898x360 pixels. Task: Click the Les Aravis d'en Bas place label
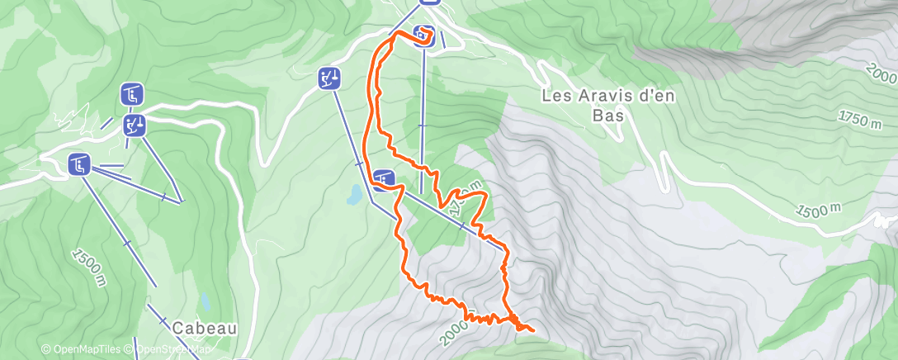pos(608,105)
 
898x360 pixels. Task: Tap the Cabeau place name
pos(205,328)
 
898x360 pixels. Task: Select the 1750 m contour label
pos(859,118)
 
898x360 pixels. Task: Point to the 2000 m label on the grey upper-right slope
pos(881,73)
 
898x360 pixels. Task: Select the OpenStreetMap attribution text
pos(172,349)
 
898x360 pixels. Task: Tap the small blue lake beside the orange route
pos(354,195)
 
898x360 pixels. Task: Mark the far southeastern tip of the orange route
pos(533,331)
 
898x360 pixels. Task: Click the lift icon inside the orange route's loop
pos(423,35)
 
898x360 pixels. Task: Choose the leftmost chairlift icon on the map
pos(79,164)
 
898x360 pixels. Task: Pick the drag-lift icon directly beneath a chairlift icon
pos(134,125)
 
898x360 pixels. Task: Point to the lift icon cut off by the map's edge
pos(428,2)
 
